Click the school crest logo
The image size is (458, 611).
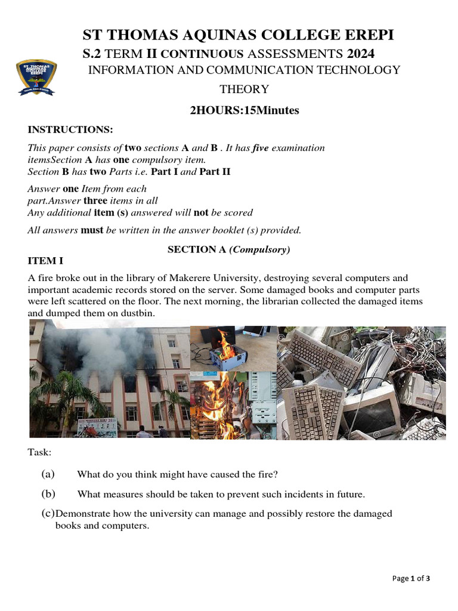pos(36,78)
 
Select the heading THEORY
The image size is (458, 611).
pos(245,90)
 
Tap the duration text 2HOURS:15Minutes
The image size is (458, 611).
pos(245,110)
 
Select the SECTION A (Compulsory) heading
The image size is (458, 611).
pos(228,250)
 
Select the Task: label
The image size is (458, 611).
pos(39,452)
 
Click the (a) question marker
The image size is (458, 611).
pos(48,474)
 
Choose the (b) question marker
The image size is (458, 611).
pos(48,494)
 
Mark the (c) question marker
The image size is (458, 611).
pos(48,514)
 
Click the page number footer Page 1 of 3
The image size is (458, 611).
pos(411,578)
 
